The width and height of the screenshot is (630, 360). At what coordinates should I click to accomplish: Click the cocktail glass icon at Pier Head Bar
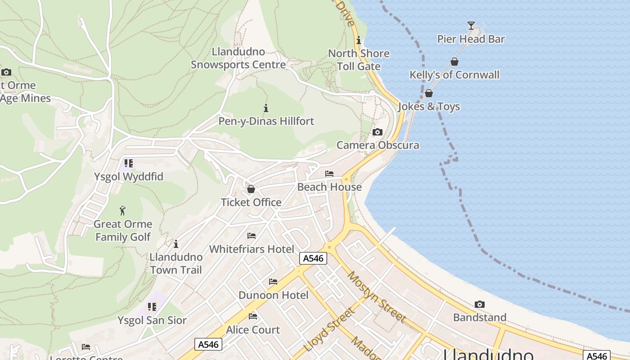[x=471, y=26]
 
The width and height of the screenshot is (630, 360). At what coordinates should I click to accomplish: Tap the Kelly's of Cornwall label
[x=454, y=75]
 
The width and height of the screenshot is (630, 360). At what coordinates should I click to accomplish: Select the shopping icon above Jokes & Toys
[x=429, y=93]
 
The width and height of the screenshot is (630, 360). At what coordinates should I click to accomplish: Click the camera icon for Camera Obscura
[x=377, y=132]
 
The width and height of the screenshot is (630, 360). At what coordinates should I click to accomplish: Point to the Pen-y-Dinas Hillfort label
[x=266, y=121]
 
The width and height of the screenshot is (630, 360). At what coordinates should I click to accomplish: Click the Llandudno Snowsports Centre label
[x=238, y=58]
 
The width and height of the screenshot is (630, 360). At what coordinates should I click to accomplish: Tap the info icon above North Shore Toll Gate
[x=358, y=40]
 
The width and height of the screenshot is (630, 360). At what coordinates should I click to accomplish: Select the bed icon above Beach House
[x=329, y=174]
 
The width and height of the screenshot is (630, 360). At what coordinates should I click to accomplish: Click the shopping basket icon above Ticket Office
[x=251, y=189]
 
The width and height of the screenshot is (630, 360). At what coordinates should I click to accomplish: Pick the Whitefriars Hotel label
[x=252, y=249]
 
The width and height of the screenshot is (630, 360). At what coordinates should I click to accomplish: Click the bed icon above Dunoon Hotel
[x=273, y=282]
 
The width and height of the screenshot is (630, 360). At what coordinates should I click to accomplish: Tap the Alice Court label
[x=253, y=330]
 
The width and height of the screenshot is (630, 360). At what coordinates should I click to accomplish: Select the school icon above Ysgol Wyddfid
[x=129, y=163]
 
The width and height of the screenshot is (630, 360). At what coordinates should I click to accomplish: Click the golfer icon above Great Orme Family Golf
[x=122, y=211]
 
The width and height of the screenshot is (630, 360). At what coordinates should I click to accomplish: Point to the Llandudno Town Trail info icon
[x=176, y=244]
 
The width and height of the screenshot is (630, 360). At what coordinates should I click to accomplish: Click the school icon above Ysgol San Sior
[x=152, y=307]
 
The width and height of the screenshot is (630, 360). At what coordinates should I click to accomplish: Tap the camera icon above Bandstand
[x=479, y=305]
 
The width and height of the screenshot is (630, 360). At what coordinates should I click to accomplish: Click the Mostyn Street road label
[x=377, y=297]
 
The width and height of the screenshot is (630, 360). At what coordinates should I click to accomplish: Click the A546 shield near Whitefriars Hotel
[x=313, y=258]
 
